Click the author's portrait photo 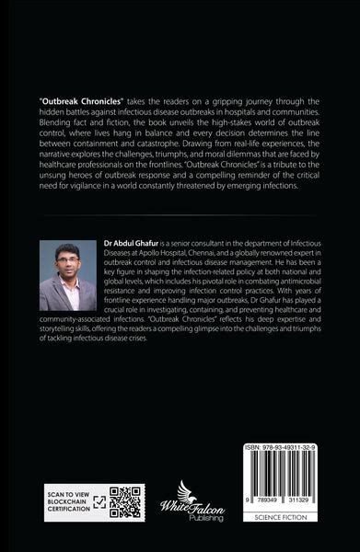(x=68, y=275)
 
